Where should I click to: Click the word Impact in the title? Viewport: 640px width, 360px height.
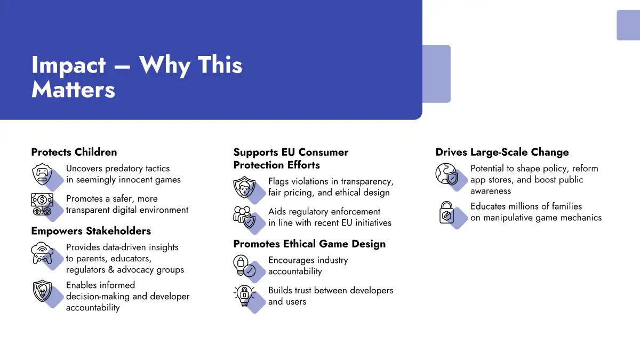69,66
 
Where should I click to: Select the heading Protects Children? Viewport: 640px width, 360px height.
74,153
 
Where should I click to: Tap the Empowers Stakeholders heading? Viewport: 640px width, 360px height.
91,231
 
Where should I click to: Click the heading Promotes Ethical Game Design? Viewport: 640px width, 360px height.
309,244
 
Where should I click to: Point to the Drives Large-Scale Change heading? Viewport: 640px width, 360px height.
502,153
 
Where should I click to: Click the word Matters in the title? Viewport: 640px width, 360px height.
73,90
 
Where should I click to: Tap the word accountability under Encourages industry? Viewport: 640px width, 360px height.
295,271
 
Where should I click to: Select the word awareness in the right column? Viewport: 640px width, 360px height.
491,191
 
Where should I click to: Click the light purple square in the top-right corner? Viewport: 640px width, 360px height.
628,25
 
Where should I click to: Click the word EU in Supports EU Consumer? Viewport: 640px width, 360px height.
289,153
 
